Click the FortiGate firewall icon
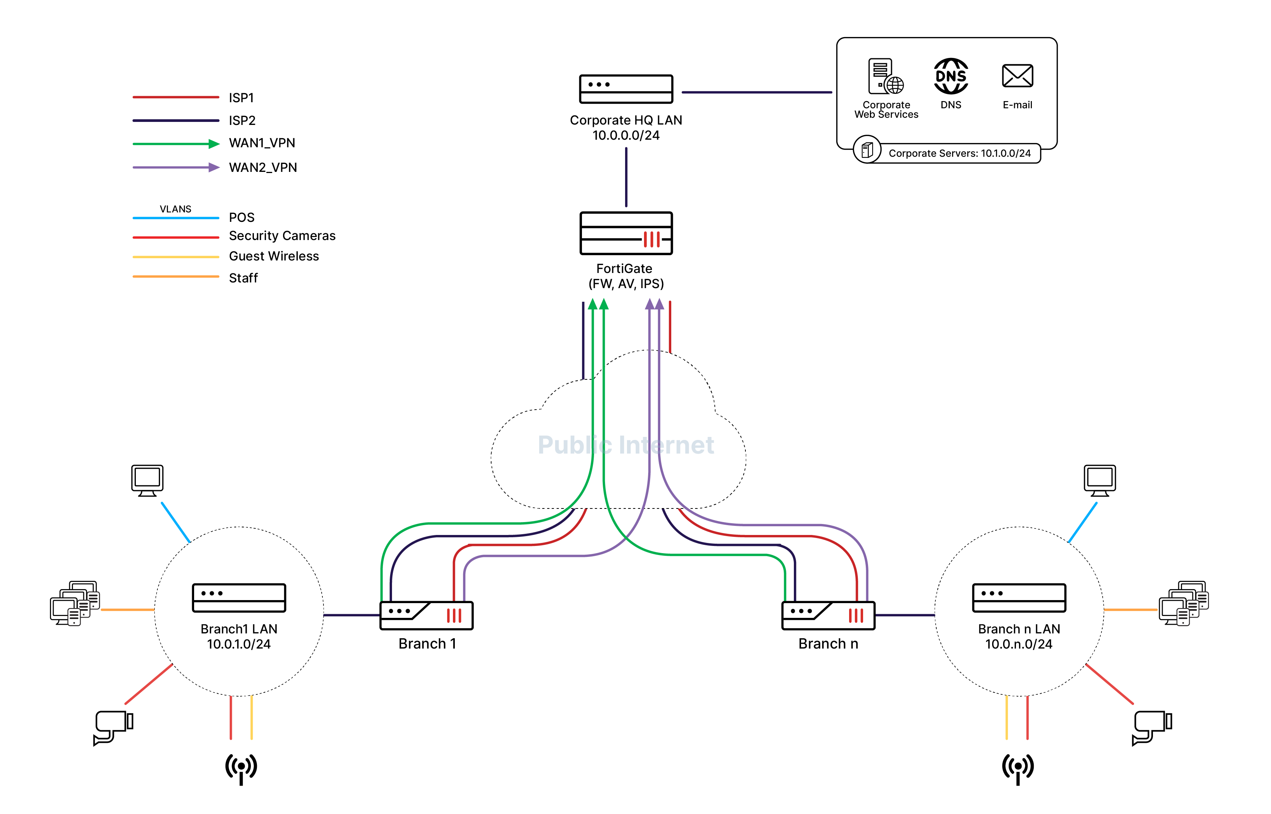pyautogui.click(x=625, y=233)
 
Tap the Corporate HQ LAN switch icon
pyautogui.click(x=625, y=89)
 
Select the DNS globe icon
pyautogui.click(x=951, y=76)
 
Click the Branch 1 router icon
pyautogui.click(x=426, y=615)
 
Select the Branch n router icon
pyautogui.click(x=828, y=615)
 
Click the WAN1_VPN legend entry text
pyautogui.click(x=261, y=143)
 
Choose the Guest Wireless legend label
pyautogui.click(x=274, y=256)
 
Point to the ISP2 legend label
pyautogui.click(x=242, y=120)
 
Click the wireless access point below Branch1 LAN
pyautogui.click(x=241, y=768)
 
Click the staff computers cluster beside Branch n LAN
pyautogui.click(x=1183, y=603)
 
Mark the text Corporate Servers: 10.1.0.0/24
pyautogui.click(x=959, y=153)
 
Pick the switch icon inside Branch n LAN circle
pyautogui.click(x=1019, y=597)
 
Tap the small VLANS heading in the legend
pyautogui.click(x=176, y=209)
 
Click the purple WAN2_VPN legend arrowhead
pyautogui.click(x=213, y=168)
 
